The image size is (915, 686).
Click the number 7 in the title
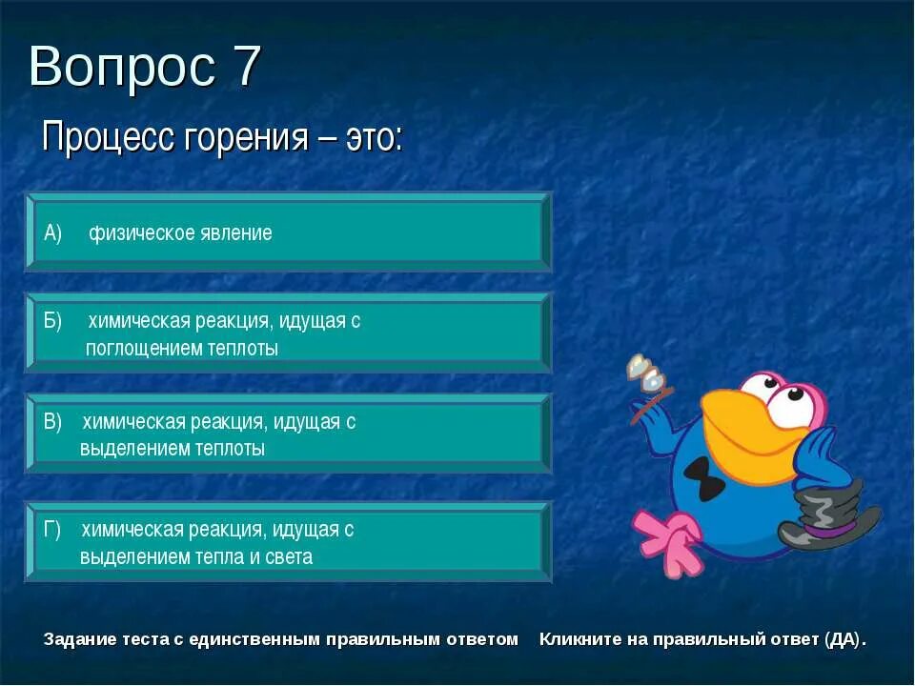click(244, 68)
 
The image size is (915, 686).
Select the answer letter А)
click(52, 233)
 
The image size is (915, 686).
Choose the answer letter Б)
click(52, 321)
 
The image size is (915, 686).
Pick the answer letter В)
click(52, 422)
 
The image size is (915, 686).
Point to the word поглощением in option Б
click(142, 349)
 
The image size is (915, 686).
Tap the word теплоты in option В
click(231, 449)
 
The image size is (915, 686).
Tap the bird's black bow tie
click(706, 477)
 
